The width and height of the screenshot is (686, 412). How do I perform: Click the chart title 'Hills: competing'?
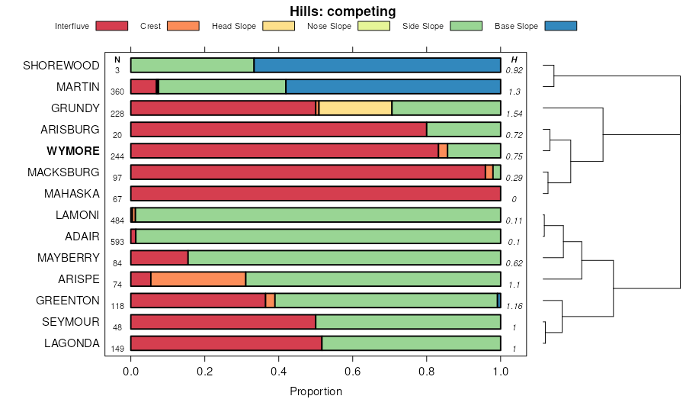[x=342, y=11]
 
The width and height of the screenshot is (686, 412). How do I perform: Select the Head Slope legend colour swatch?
[x=278, y=26]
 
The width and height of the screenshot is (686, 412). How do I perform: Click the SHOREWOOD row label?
[x=62, y=66]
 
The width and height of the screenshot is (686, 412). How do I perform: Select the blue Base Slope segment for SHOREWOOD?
[x=377, y=66]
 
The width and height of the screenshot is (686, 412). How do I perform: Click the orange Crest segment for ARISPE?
[x=198, y=279]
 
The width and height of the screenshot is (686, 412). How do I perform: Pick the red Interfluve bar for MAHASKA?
[x=316, y=194]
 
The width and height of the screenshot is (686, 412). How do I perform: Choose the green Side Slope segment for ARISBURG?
[x=463, y=130]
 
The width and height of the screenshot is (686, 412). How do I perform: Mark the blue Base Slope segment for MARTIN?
[x=393, y=87]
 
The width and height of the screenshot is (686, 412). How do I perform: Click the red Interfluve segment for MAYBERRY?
[x=159, y=258]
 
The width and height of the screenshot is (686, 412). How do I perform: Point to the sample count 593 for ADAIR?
[x=117, y=242]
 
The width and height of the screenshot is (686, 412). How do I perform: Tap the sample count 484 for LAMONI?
[x=117, y=220]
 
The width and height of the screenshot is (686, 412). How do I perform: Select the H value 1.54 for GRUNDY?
[x=514, y=114]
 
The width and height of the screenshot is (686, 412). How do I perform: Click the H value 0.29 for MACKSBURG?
[x=514, y=178]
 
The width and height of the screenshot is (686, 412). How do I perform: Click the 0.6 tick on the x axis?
[x=353, y=372]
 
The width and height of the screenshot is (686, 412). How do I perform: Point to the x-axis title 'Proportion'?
[x=316, y=391]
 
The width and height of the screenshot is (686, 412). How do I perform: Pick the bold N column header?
[x=117, y=60]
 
